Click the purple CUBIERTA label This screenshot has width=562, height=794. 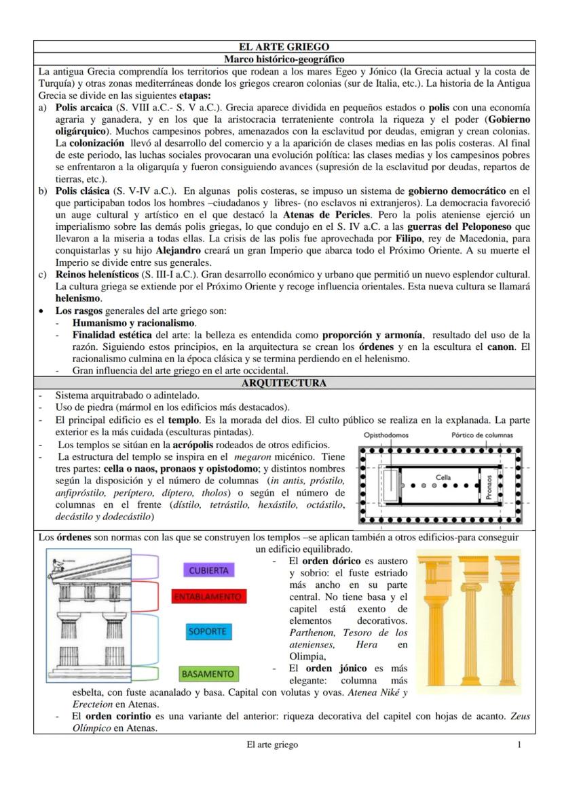pos(208,570)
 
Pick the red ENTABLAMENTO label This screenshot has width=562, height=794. pos(208,597)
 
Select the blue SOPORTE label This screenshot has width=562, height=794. pos(207,631)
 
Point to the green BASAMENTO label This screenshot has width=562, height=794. pos(208,674)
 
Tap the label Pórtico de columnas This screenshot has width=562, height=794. pos(483,435)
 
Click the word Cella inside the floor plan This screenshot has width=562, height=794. pos(443,478)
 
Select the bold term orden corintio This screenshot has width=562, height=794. pos(111,716)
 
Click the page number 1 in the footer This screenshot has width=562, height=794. pos(519,745)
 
